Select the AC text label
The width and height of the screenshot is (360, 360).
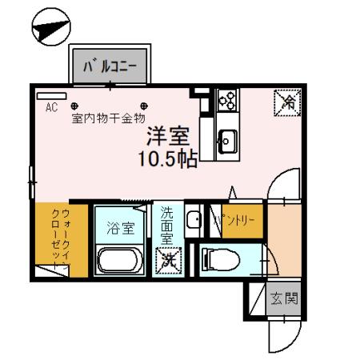[x=51, y=106]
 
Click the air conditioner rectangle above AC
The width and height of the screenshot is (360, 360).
[x=51, y=94]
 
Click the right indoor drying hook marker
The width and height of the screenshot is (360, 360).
[x=146, y=104]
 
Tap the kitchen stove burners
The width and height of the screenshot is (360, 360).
[x=226, y=100]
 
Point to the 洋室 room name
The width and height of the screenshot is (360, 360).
[x=166, y=135]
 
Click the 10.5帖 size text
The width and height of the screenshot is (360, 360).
[x=166, y=158]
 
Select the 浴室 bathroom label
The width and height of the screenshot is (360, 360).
[x=120, y=228]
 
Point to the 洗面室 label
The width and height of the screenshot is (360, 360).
[x=167, y=226]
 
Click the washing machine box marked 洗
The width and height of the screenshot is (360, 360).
[x=167, y=259]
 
